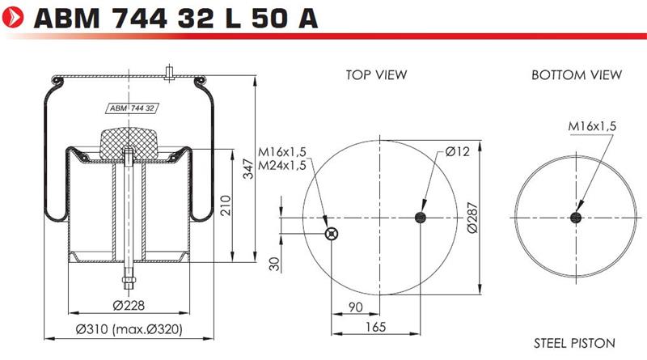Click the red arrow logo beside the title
tap(13, 17)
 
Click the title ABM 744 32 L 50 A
tap(175, 18)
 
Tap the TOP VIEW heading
tap(376, 74)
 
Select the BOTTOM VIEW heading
tap(577, 74)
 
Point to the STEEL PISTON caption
tap(574, 343)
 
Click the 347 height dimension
tap(248, 168)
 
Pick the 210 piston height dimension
tap(226, 205)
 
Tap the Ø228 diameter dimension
tap(129, 306)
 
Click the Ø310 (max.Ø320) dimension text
tap(129, 329)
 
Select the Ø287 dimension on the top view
tap(472, 218)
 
